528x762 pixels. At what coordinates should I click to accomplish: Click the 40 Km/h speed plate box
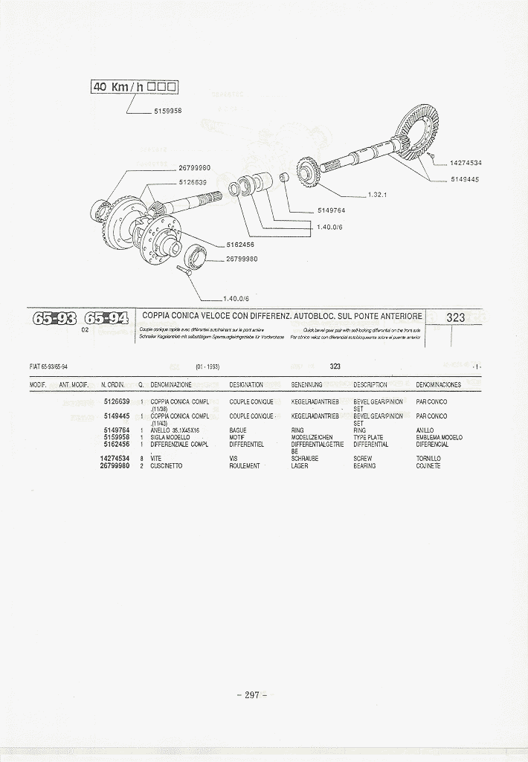tap(134, 87)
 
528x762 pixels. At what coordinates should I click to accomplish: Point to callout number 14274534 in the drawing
tap(466, 162)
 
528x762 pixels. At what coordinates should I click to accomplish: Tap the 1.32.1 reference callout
tap(379, 195)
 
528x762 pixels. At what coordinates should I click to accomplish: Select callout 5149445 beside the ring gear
tap(464, 179)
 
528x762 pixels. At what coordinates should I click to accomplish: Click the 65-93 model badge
tap(54, 320)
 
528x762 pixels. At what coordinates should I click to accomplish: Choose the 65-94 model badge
tap(106, 320)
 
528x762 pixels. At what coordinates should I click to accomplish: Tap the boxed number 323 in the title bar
tap(455, 317)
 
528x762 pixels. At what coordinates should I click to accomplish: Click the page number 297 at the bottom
tap(251, 695)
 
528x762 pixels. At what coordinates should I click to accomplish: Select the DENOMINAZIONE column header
tap(171, 385)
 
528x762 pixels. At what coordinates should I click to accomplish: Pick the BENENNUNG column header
tap(306, 385)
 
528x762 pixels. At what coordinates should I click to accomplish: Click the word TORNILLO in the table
tap(428, 459)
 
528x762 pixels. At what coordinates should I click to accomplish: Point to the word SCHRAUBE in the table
tap(305, 459)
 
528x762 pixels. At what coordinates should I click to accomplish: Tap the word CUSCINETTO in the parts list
tap(167, 466)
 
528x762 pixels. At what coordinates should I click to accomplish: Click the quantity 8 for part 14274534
tap(141, 459)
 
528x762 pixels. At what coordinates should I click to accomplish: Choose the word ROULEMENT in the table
tap(245, 466)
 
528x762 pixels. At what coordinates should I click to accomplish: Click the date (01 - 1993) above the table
tap(207, 367)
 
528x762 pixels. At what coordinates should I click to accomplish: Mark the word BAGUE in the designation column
tap(238, 430)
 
